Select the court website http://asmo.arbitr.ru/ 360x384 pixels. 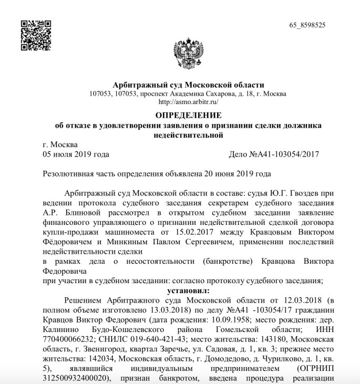[x=188, y=102]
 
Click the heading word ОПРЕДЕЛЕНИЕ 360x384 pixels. [x=188, y=115]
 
